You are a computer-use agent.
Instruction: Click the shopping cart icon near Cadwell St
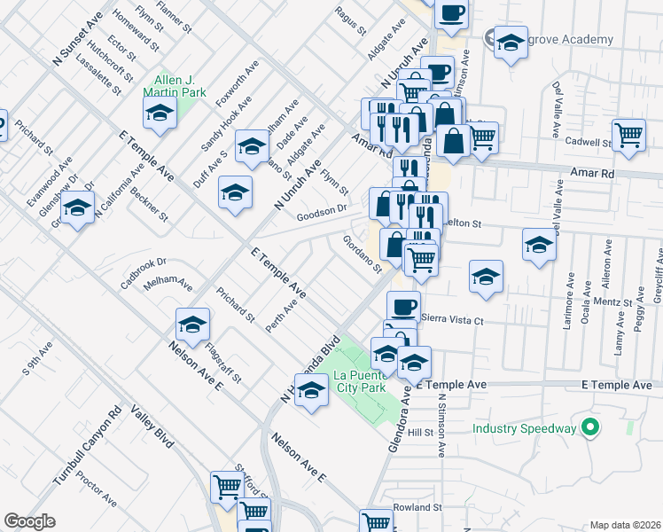[x=628, y=135]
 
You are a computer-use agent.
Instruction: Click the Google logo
[x=30, y=521]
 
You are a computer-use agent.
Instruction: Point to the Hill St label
[x=420, y=433]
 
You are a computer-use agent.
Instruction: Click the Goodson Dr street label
[x=321, y=211]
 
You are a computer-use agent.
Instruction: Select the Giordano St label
[x=362, y=254]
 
